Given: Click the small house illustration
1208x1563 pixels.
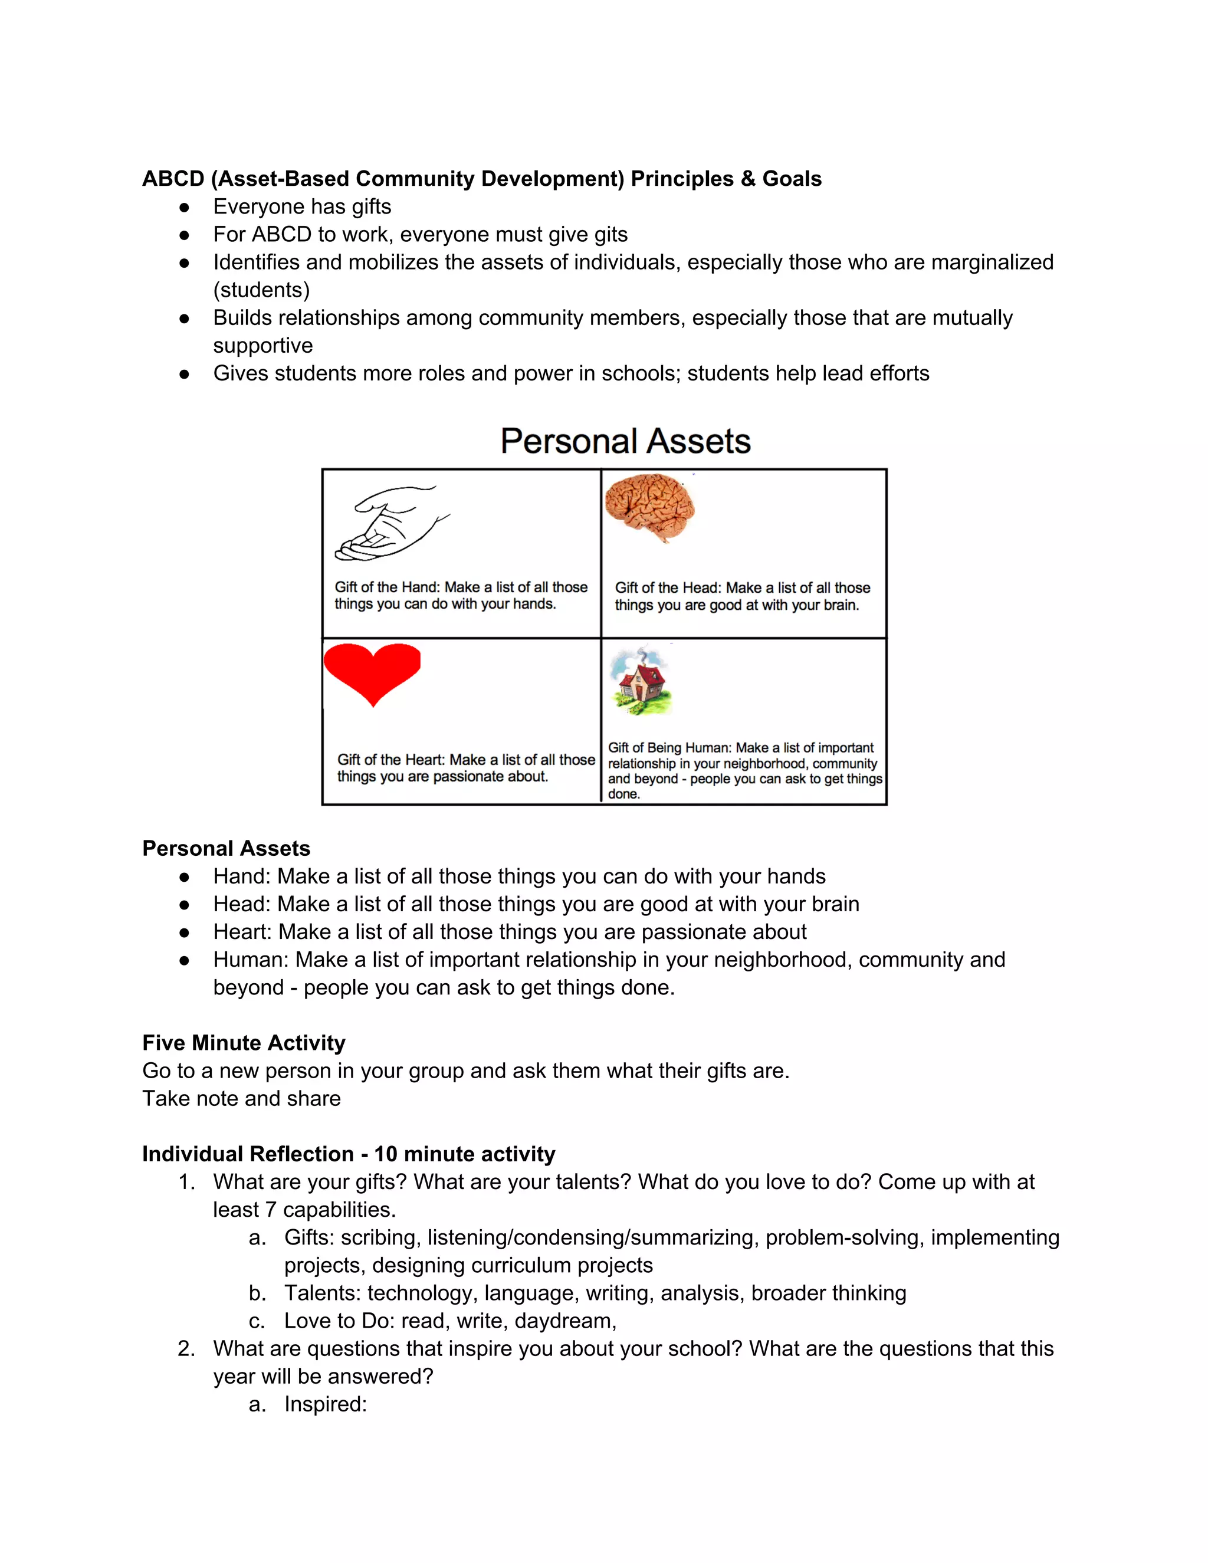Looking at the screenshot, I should coord(641,682).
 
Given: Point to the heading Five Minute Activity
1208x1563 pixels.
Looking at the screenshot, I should coord(244,1043).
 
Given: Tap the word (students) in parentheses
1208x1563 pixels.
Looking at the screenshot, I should coord(261,290).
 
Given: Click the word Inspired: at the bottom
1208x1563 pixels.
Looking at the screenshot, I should coord(325,1404).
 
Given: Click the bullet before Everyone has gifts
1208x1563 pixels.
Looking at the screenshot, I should coord(184,208).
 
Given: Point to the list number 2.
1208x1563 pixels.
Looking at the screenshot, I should coord(185,1349).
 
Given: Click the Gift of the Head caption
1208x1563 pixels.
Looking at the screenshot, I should coord(741,596).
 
